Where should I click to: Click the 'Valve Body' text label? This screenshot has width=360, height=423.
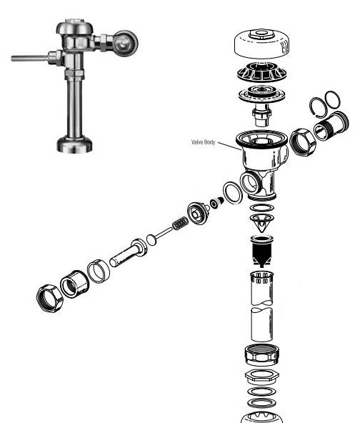pyautogui.click(x=203, y=142)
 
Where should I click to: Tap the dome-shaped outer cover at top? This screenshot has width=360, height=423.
pyautogui.click(x=262, y=44)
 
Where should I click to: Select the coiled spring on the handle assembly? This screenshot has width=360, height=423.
pyautogui.click(x=180, y=224)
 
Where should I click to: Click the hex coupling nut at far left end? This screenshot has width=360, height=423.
pyautogui.click(x=49, y=299)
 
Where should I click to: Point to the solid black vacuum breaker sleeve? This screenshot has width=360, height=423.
pyautogui.click(x=262, y=252)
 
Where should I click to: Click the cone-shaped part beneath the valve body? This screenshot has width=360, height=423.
pyautogui.click(x=261, y=223)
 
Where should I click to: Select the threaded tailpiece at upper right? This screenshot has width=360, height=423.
pyautogui.click(x=331, y=126)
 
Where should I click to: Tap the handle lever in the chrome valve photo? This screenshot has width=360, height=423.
pyautogui.click(x=30, y=59)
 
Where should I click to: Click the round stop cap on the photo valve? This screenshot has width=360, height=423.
pyautogui.click(x=125, y=44)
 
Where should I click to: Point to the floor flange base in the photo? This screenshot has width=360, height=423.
pyautogui.click(x=74, y=144)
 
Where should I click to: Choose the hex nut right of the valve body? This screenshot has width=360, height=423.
pyautogui.click(x=302, y=142)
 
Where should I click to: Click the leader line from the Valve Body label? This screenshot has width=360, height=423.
pyautogui.click(x=229, y=146)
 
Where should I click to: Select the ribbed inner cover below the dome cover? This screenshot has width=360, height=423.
pyautogui.click(x=261, y=71)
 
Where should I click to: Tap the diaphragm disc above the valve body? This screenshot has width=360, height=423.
pyautogui.click(x=261, y=95)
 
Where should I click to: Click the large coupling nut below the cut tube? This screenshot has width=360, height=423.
pyautogui.click(x=262, y=354)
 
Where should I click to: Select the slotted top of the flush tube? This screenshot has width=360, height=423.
pyautogui.click(x=262, y=278)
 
